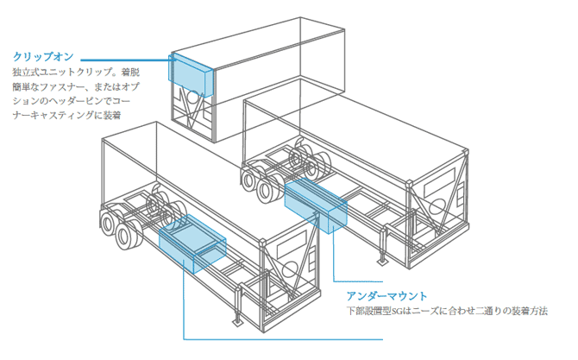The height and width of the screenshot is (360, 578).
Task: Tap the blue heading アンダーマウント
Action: [x=386, y=296]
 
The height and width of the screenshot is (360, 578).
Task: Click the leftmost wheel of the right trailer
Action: [x=252, y=181]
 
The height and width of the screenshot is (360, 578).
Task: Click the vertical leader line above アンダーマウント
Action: [x=331, y=259]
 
